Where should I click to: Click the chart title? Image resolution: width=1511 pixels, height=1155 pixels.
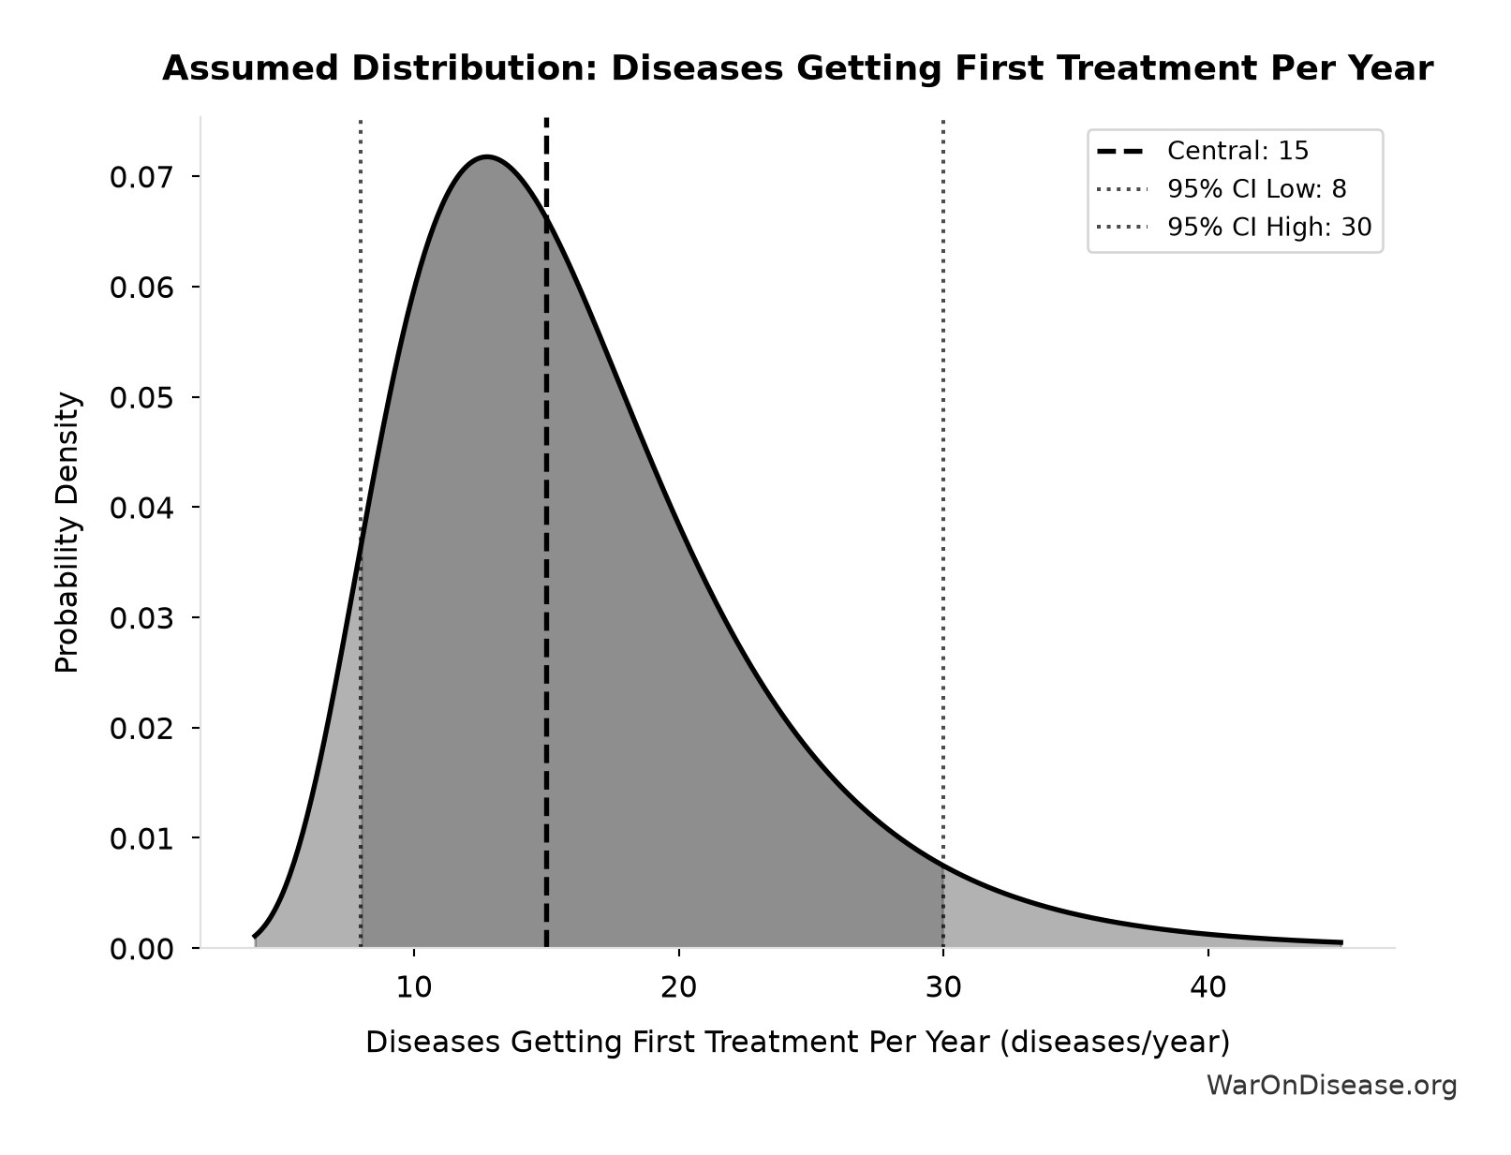798,68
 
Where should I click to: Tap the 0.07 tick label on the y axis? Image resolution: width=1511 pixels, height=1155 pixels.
141,178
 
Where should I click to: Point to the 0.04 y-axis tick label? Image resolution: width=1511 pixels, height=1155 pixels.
141,508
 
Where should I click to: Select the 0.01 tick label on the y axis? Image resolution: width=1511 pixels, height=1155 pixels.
141,838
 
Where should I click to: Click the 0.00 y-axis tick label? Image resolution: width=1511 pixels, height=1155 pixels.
141,949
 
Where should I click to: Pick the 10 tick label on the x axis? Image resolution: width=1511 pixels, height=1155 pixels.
414,987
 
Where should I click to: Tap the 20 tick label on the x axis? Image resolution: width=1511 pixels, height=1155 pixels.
679,987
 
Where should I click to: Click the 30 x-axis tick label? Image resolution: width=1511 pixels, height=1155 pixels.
943,987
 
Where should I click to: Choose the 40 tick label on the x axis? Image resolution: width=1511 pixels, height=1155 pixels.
1208,987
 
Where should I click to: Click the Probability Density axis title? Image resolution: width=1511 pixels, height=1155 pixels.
67,532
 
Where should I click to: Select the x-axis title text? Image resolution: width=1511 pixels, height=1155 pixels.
798,1042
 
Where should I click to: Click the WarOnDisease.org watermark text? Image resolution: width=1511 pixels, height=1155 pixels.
1331,1086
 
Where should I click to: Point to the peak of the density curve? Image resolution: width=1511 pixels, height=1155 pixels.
487,157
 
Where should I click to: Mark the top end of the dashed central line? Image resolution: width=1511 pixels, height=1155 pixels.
546,118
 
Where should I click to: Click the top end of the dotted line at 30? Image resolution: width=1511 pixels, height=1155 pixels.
943,120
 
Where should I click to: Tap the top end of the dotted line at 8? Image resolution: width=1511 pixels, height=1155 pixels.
361,120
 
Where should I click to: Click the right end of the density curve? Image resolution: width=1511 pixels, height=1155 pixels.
1342,942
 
